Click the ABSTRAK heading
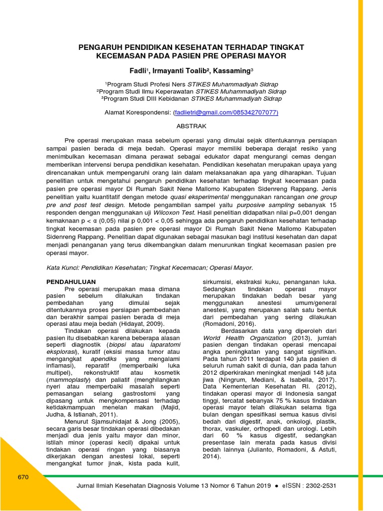[x=191, y=127]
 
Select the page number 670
[x=23, y=477]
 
